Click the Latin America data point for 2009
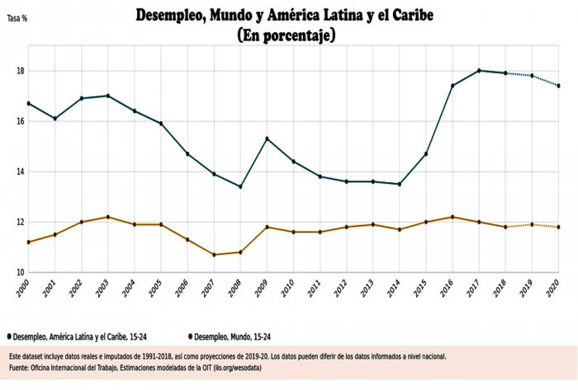point(267,139)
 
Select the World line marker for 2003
point(108,217)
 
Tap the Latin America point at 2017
point(479,71)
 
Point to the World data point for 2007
point(214,255)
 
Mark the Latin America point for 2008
point(240,186)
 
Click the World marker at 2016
point(452,217)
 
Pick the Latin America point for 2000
point(29,103)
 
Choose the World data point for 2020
point(558,227)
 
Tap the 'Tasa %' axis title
point(17,17)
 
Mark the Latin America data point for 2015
point(426,153)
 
